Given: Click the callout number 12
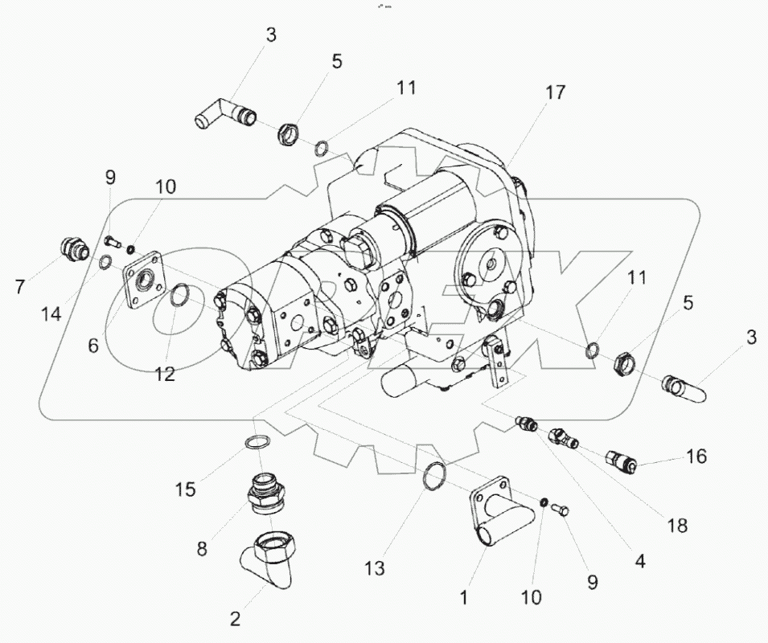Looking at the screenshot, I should click(x=164, y=374).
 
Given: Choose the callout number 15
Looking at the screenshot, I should click(x=186, y=488).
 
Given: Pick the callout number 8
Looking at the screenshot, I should click(x=202, y=549).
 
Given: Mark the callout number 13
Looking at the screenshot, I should click(x=375, y=567).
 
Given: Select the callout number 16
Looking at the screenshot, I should click(x=696, y=457).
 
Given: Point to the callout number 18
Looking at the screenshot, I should click(x=678, y=526).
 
